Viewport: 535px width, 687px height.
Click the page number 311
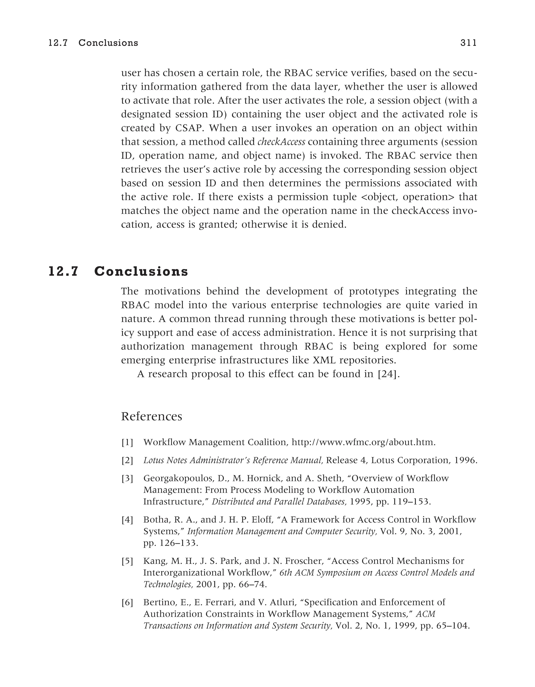[x=468, y=43]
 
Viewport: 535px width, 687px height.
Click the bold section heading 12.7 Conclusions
[x=118, y=271]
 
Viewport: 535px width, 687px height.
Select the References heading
[x=152, y=416]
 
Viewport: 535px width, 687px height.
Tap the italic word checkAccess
[x=281, y=142]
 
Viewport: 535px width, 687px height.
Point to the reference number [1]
[x=127, y=443]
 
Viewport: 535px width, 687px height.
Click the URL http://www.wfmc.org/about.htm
[x=363, y=442]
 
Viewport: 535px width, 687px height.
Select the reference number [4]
[x=127, y=520]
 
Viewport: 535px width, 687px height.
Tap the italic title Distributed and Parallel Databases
[x=278, y=501]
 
